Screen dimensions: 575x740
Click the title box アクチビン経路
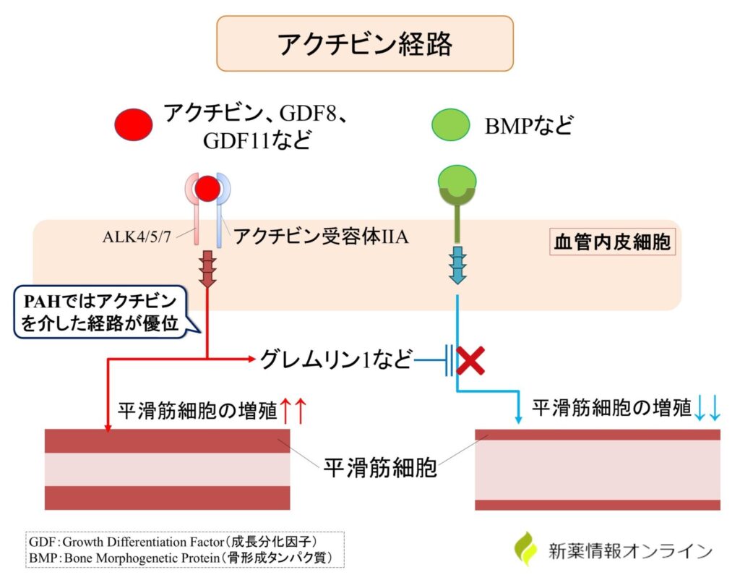tap(365, 43)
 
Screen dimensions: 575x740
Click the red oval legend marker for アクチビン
tap(133, 124)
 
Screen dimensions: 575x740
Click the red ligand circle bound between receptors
tap(207, 189)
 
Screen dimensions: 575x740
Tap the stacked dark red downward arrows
tap(208, 268)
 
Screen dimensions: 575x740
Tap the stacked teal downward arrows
tap(457, 265)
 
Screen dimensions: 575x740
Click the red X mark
tap(470, 359)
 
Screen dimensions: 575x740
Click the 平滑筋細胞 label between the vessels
tap(379, 467)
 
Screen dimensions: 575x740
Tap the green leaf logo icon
tap(527, 548)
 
